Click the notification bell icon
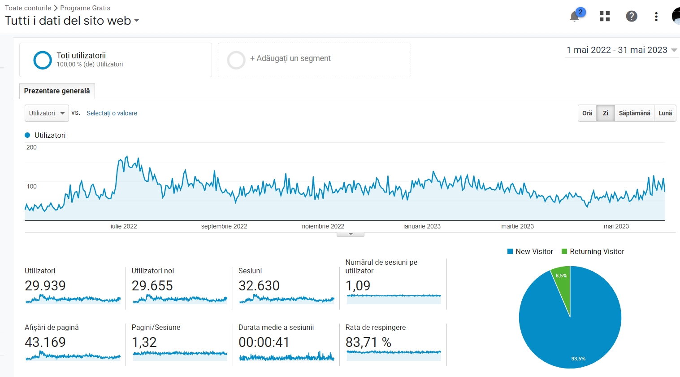tap(574, 17)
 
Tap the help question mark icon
tap(632, 16)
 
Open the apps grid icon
tap(605, 16)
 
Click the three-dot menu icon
tap(656, 17)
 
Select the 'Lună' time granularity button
tap(665, 113)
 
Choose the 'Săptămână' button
tap(634, 113)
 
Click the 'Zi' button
tap(606, 113)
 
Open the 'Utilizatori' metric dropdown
tap(47, 113)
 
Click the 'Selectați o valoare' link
tap(112, 113)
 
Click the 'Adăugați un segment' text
tap(290, 58)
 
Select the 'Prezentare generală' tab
tap(57, 91)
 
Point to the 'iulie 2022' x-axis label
tap(124, 226)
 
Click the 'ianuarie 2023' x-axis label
tap(422, 226)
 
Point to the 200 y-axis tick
tap(31, 148)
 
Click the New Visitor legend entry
tap(530, 251)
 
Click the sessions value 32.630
tap(259, 285)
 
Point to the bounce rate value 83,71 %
tap(368, 342)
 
